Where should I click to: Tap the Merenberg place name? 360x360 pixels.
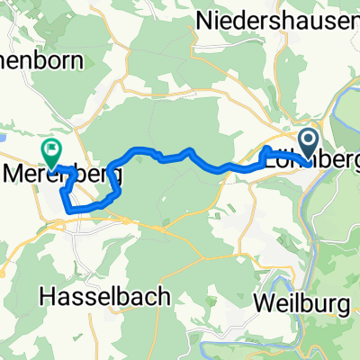point(62,168)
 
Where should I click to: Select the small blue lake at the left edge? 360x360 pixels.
point(3,139)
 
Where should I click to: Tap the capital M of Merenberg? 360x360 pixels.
point(16,168)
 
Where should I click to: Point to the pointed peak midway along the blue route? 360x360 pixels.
point(188,150)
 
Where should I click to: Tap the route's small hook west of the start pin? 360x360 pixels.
point(267,151)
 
